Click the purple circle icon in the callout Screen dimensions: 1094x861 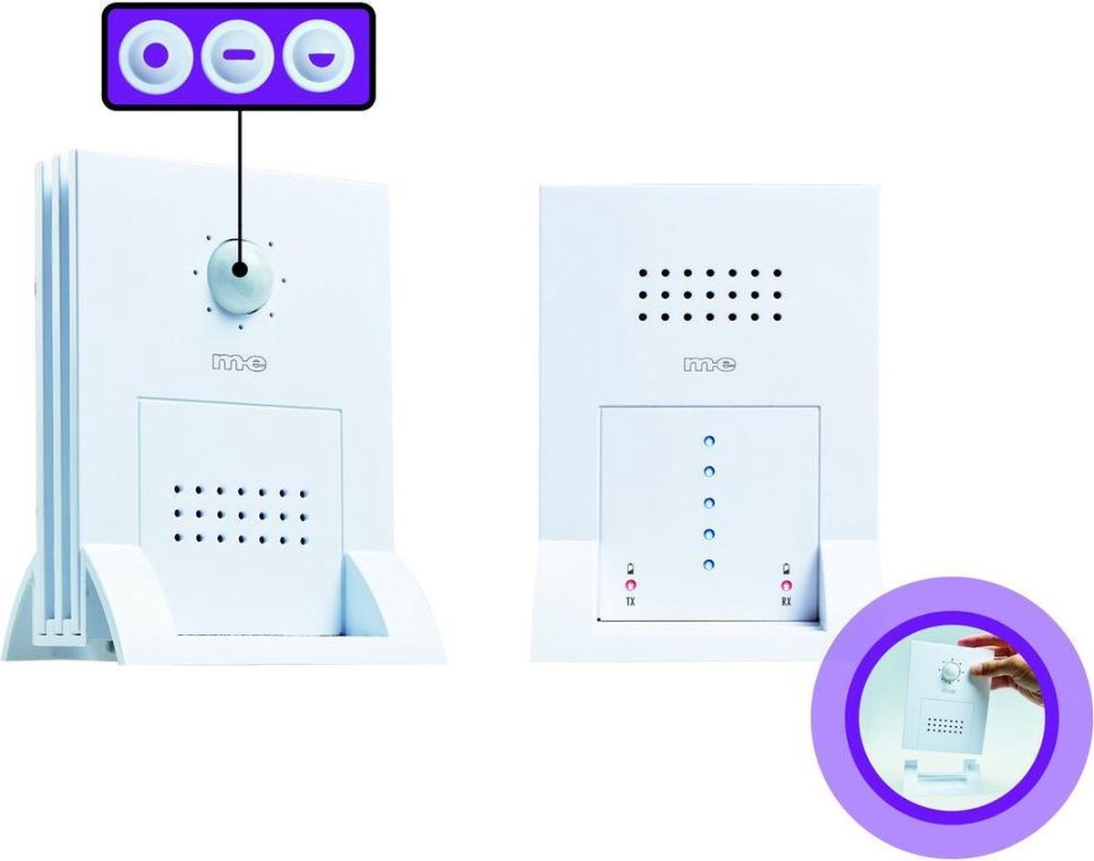pyautogui.click(x=155, y=57)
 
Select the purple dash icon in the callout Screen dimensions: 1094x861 pyautogui.click(x=238, y=57)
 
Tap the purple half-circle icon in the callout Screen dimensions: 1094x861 pyautogui.click(x=318, y=60)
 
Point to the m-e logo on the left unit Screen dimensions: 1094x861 pyautogui.click(x=240, y=363)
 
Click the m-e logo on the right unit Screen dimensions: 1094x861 pyautogui.click(x=710, y=365)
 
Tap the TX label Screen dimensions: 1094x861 pyautogui.click(x=630, y=602)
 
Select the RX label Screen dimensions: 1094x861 pyautogui.click(x=786, y=602)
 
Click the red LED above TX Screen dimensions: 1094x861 pyautogui.click(x=631, y=585)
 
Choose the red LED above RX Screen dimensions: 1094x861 pyautogui.click(x=787, y=585)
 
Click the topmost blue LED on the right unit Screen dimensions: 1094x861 pyautogui.click(x=709, y=441)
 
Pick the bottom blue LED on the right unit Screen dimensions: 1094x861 pyautogui.click(x=709, y=565)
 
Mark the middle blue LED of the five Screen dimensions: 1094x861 pyautogui.click(x=709, y=503)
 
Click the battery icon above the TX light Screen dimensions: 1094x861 pyautogui.click(x=631, y=568)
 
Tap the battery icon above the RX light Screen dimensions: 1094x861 pyautogui.click(x=787, y=568)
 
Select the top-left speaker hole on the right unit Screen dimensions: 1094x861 pyautogui.click(x=643, y=273)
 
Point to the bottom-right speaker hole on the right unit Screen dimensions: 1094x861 pyautogui.click(x=777, y=317)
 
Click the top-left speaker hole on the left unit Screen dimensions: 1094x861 pyautogui.click(x=178, y=489)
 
